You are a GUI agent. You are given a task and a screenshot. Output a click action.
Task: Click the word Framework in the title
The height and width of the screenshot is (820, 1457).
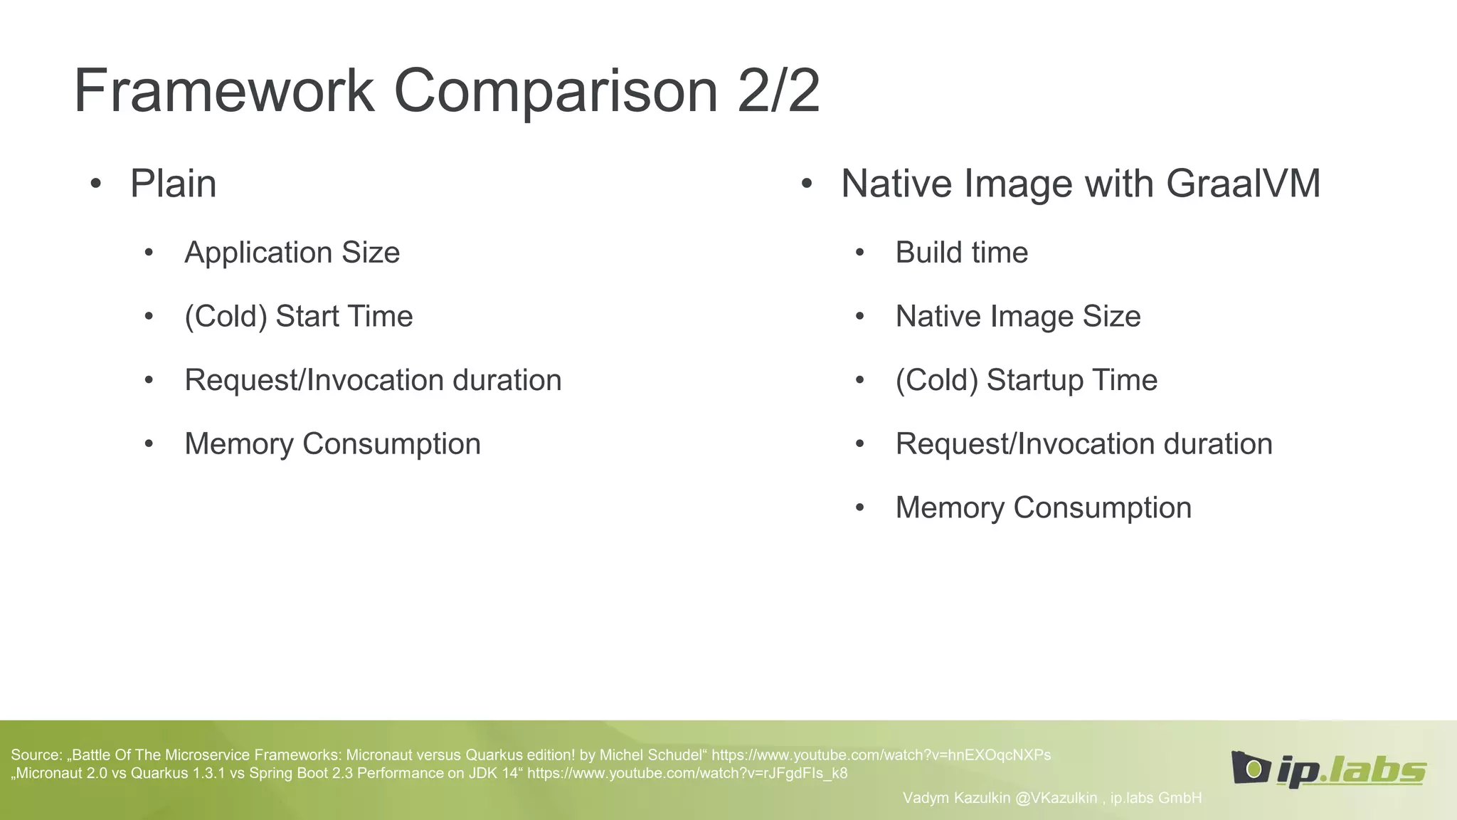pos(224,91)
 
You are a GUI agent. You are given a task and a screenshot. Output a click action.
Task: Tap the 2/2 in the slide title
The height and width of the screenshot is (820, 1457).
pos(778,91)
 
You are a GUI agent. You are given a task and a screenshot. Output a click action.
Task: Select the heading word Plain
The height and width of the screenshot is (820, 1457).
pos(173,184)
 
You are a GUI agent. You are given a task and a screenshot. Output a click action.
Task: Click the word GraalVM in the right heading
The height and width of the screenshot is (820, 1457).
pos(1243,184)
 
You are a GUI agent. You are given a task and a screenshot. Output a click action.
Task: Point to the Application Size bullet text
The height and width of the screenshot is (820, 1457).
pos(292,253)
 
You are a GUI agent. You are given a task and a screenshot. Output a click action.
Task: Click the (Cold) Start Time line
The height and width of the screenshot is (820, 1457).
pos(298,317)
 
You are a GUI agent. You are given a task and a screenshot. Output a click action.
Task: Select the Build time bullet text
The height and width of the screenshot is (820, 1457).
pos(961,253)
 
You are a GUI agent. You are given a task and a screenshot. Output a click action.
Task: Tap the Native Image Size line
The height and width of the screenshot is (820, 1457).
pos(1017,317)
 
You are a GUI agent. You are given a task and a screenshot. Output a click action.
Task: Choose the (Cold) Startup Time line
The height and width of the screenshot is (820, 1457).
pos(1026,380)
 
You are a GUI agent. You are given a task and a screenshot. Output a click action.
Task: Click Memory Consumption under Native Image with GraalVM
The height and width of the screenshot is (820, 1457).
pos(1043,508)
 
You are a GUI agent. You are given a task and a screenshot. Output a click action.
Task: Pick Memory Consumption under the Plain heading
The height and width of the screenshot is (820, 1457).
pos(332,444)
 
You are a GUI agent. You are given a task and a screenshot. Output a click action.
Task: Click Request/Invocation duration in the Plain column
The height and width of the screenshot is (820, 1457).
pos(373,380)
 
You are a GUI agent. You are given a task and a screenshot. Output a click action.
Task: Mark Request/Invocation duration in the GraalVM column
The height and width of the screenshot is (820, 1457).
pos(1084,444)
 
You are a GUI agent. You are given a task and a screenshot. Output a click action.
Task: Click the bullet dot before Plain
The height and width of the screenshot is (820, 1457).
pos(96,184)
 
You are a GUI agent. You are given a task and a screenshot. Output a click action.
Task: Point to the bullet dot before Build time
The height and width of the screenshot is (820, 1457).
pos(859,253)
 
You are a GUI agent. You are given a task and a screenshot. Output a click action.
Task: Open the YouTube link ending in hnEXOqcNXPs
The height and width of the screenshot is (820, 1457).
pos(881,755)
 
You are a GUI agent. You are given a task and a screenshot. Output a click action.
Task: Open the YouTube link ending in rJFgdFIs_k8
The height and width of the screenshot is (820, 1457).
pos(687,774)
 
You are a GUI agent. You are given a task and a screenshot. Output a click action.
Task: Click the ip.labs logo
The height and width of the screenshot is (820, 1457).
pos(1328,769)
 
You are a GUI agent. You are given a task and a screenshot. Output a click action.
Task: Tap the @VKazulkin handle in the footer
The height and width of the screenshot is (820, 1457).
pos(1056,798)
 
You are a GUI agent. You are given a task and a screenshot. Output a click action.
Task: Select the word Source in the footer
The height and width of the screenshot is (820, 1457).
pos(36,755)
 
